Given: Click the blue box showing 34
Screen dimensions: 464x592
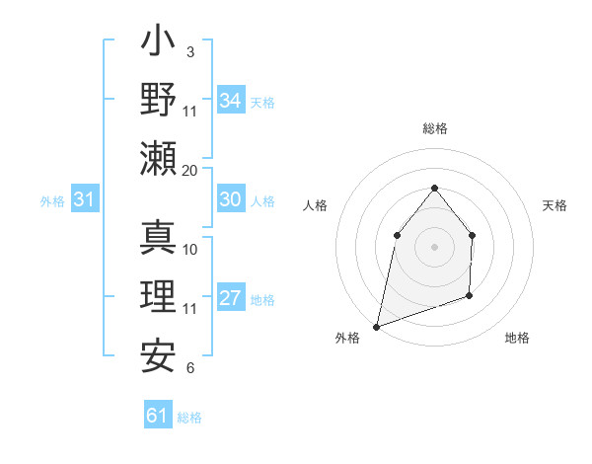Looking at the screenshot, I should [x=230, y=101].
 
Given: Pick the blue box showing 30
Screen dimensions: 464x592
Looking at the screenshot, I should [x=230, y=199].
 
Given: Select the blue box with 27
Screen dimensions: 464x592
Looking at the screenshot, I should [x=230, y=299].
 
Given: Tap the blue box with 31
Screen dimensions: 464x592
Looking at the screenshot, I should [x=85, y=200].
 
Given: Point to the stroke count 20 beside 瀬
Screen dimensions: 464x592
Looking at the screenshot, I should [x=190, y=170].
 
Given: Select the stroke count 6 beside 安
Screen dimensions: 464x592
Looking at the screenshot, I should [x=190, y=368].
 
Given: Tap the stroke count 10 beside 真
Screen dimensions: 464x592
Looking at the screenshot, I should [x=190, y=249].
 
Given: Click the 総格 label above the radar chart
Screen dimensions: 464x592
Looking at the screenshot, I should [x=434, y=128].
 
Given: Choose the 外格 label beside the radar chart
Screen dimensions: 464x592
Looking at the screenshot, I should [x=347, y=338].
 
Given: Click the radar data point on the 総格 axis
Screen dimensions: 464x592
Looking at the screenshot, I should [x=434, y=188].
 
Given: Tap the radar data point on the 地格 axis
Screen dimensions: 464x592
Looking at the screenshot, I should [x=470, y=295].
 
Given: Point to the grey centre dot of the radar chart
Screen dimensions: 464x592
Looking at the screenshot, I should [x=434, y=246].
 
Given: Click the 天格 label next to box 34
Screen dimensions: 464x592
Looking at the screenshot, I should [x=262, y=102].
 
